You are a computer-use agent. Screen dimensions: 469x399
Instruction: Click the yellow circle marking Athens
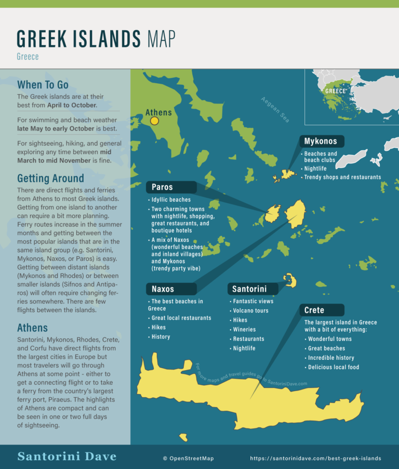[154, 121]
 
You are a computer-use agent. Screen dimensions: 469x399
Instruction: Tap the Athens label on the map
[158, 112]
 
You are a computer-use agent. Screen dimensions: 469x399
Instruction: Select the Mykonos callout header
[321, 141]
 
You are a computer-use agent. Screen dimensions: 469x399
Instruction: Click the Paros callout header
[162, 187]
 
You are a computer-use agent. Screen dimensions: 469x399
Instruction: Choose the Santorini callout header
[249, 289]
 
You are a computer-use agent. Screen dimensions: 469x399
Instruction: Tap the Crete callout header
[314, 310]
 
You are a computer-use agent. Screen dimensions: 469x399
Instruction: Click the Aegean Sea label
[275, 109]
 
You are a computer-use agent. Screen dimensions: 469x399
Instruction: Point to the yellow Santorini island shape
[290, 281]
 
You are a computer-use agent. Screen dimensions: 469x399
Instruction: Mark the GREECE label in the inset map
[336, 91]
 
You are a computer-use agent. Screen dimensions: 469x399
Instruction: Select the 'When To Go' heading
[43, 85]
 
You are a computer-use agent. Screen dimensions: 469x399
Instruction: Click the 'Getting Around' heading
[50, 179]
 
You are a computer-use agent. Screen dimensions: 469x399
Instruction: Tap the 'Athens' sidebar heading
[32, 328]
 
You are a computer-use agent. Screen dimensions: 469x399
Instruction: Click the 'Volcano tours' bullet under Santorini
[250, 310]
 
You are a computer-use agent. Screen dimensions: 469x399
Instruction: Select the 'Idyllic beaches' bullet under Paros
[171, 200]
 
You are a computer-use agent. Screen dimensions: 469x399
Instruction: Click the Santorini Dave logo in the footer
[66, 457]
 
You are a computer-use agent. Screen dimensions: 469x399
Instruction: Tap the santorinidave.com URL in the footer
[315, 459]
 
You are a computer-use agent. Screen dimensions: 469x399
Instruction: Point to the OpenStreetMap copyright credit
[188, 459]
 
